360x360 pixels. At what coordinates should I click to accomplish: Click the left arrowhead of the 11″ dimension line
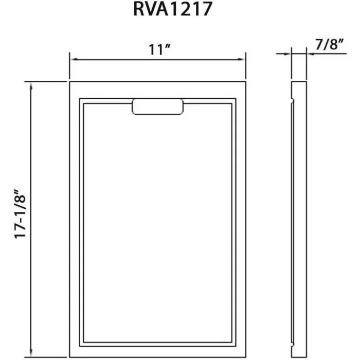(x=73, y=59)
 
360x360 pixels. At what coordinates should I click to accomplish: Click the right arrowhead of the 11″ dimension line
(x=242, y=59)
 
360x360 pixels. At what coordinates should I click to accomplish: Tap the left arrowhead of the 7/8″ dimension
(x=289, y=53)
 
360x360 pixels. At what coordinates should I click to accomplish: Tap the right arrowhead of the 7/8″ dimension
(x=310, y=53)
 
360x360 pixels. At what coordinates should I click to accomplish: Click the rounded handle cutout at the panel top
(x=158, y=106)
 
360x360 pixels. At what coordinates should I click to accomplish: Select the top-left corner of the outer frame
(x=69, y=82)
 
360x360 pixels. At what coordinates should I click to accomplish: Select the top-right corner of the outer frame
(x=246, y=82)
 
